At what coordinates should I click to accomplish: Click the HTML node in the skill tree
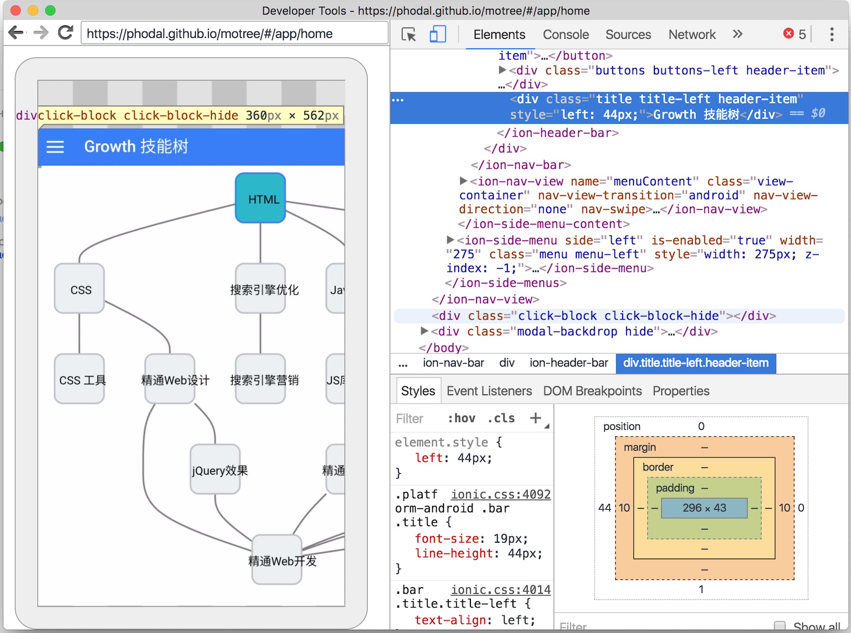click(x=261, y=198)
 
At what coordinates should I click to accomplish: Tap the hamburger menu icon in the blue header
click(x=55, y=147)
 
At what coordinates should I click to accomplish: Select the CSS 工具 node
click(x=79, y=379)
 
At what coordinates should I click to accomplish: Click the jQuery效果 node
click(x=216, y=469)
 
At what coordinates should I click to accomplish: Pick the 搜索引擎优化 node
click(x=261, y=289)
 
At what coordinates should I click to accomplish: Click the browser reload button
click(x=66, y=33)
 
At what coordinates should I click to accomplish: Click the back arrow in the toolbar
click(x=16, y=33)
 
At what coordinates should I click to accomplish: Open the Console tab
click(x=565, y=35)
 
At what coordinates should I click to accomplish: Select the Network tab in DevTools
click(x=692, y=35)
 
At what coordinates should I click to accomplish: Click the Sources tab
click(x=628, y=35)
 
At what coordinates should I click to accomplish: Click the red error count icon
click(x=788, y=33)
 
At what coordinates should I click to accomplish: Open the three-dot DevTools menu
click(x=832, y=34)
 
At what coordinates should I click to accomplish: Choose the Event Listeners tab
click(x=489, y=391)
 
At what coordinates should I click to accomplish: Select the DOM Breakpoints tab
click(x=592, y=391)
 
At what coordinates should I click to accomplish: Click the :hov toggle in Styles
click(x=461, y=418)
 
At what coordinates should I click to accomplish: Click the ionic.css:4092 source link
click(x=501, y=494)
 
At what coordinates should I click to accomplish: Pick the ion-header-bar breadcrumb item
click(x=569, y=363)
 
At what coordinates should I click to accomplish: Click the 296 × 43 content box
click(x=704, y=508)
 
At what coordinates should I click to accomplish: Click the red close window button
click(x=16, y=10)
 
